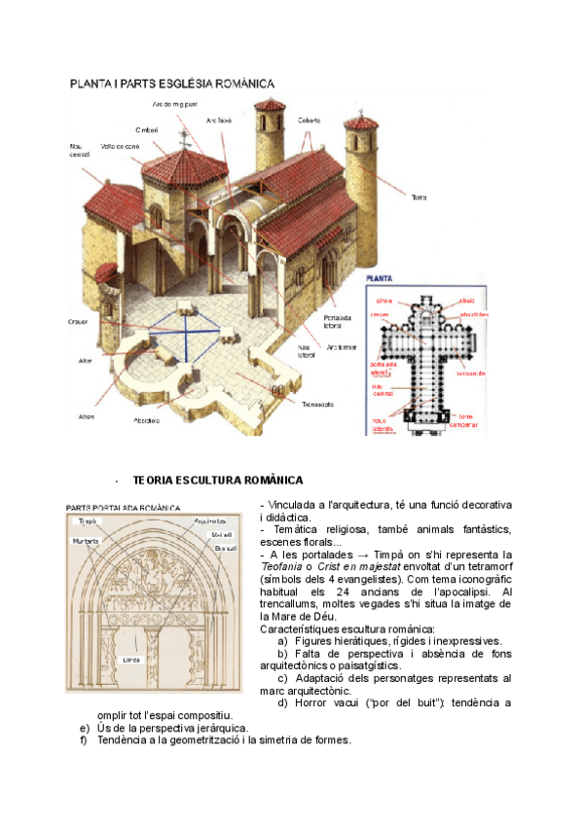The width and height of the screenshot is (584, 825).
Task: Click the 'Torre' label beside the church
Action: (x=420, y=197)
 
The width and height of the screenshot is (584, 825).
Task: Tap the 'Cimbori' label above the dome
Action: (x=149, y=128)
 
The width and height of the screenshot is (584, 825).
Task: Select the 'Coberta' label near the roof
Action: (x=309, y=121)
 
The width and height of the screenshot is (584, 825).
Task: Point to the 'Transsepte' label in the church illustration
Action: (x=317, y=404)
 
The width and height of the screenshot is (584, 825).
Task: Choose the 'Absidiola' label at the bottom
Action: (x=149, y=421)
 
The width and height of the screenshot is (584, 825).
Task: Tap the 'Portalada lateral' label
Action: (x=337, y=322)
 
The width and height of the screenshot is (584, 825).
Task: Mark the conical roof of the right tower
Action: (x=362, y=124)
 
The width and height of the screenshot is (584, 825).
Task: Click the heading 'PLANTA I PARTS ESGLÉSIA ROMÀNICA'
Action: (x=171, y=85)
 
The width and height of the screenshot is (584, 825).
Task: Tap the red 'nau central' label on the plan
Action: (x=383, y=390)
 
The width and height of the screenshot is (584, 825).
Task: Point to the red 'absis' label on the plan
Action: (x=467, y=302)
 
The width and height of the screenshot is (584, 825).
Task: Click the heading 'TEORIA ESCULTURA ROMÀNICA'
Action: (x=218, y=481)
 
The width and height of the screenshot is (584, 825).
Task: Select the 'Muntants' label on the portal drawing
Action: (x=86, y=541)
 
